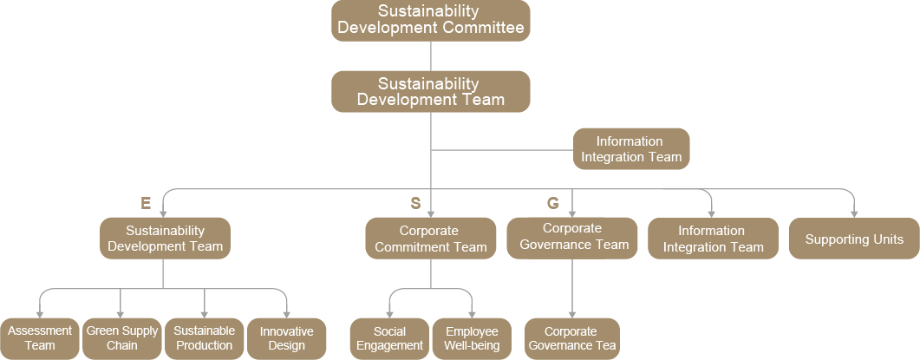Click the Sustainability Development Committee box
click(x=430, y=20)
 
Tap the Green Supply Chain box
click(x=121, y=338)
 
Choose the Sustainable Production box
click(x=204, y=338)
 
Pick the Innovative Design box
click(x=287, y=338)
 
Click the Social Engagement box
click(x=390, y=338)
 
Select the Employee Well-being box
click(x=472, y=338)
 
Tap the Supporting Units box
click(x=854, y=239)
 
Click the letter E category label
click(x=146, y=204)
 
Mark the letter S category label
click(x=415, y=204)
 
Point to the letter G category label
click(x=552, y=204)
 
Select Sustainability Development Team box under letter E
click(x=165, y=239)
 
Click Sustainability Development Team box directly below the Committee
click(x=430, y=91)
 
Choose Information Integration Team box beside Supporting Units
click(x=713, y=239)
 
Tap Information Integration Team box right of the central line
click(x=631, y=149)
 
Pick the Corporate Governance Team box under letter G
click(x=572, y=237)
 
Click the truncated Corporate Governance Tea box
click(x=572, y=338)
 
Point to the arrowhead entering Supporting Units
click(x=854, y=213)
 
